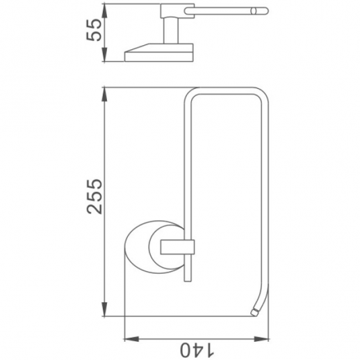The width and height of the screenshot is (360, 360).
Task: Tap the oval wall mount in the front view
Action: (x=146, y=248)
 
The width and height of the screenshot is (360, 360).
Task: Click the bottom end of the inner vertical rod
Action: (x=186, y=281)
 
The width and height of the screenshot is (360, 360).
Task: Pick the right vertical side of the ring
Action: (x=263, y=202)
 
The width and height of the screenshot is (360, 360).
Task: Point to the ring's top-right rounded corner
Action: (x=259, y=94)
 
